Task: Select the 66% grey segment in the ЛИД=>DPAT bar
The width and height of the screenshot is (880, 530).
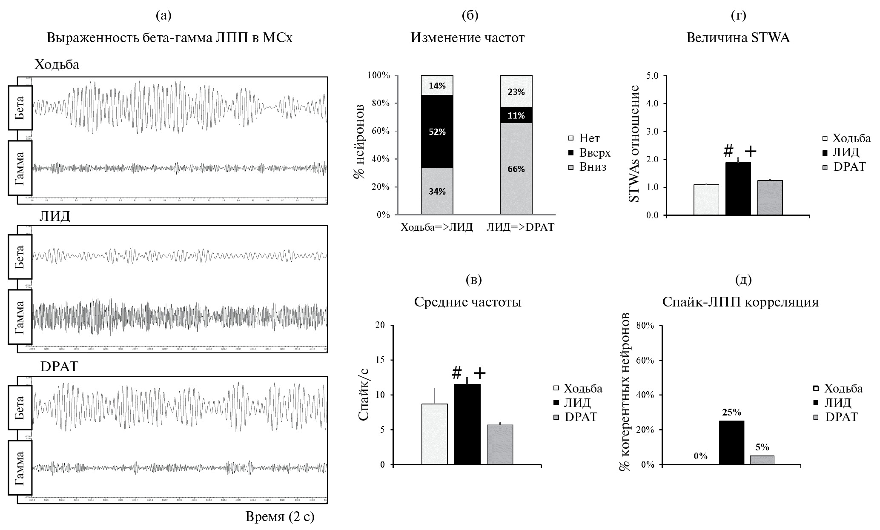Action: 516,169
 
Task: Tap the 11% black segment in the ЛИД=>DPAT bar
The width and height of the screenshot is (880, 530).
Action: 516,115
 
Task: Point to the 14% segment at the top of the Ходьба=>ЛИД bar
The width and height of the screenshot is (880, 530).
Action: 437,85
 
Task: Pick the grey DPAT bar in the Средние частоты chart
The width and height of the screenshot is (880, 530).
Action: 500,444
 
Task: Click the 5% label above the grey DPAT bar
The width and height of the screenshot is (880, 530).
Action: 762,447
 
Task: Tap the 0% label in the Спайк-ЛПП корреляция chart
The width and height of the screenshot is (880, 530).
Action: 700,456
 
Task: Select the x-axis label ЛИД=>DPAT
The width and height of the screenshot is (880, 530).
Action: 520,227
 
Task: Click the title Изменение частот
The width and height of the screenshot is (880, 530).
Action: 467,38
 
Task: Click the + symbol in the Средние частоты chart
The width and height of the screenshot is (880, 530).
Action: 479,373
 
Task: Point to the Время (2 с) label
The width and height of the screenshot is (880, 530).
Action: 280,517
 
